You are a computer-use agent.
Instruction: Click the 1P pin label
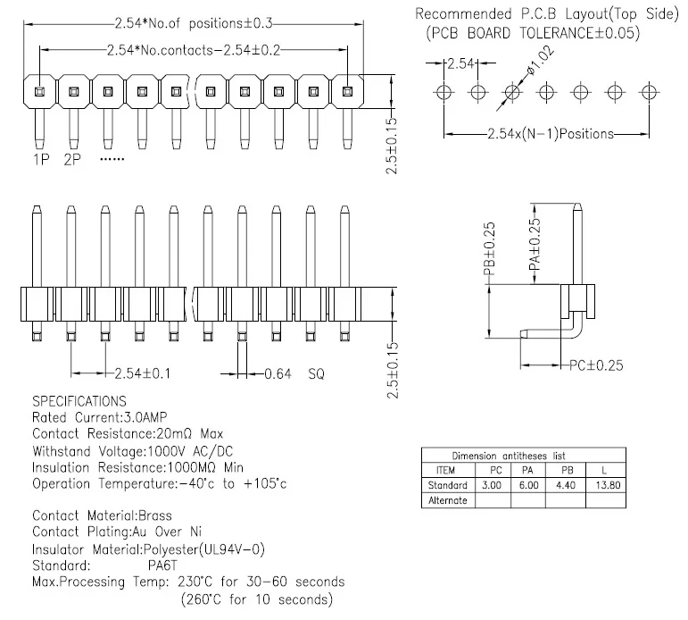coord(41,160)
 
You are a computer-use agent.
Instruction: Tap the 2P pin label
coord(72,160)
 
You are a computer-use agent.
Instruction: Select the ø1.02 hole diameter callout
coord(540,61)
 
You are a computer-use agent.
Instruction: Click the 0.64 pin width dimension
coord(278,374)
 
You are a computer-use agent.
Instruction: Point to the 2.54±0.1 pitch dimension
coord(143,373)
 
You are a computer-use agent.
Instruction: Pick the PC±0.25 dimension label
coord(596,365)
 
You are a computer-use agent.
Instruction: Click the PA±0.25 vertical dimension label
coord(535,245)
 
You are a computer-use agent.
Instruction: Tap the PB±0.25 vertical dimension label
coord(489,248)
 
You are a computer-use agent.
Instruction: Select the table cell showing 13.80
coord(608,485)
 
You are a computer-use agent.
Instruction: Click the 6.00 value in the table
coord(529,485)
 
